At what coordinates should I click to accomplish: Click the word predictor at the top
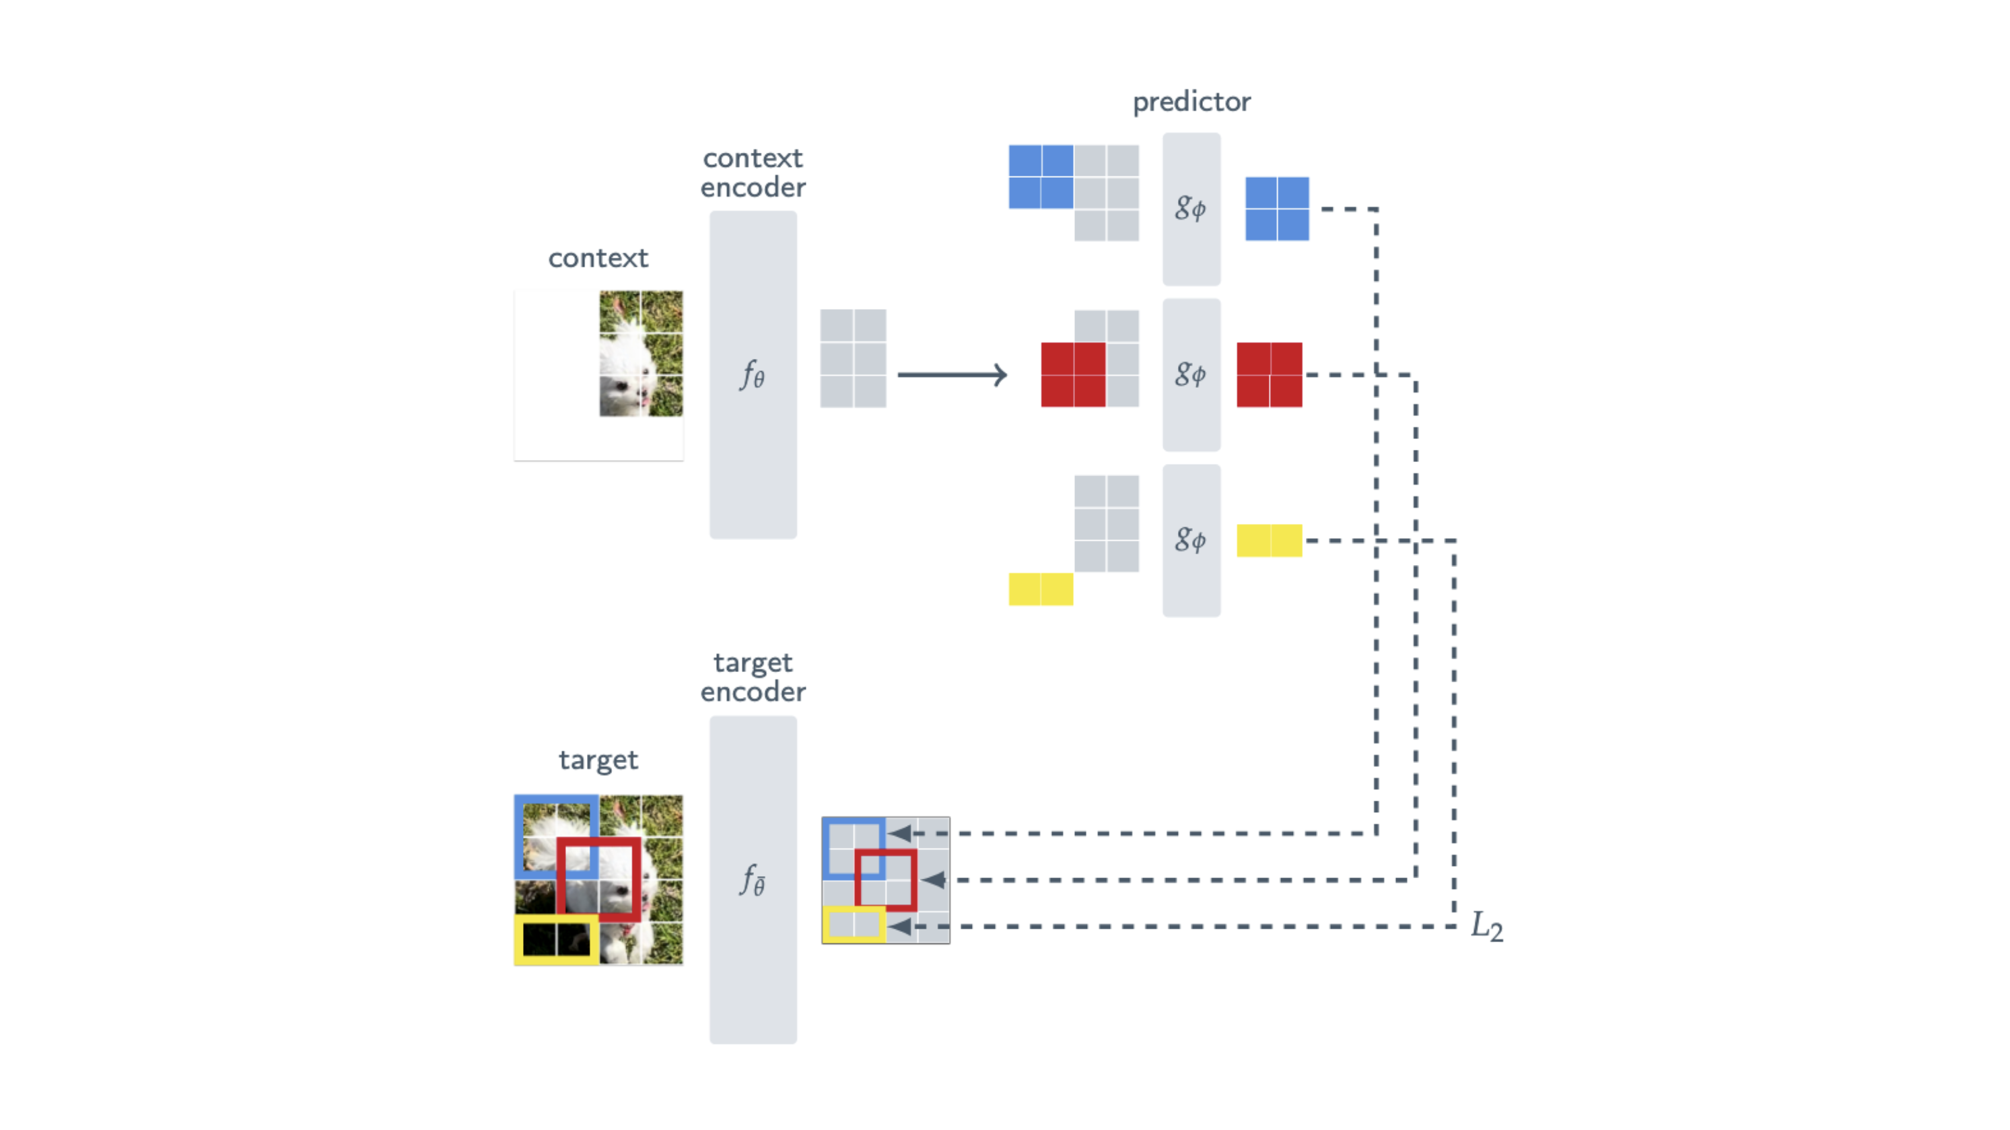point(1191,102)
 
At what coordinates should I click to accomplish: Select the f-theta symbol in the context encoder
point(752,375)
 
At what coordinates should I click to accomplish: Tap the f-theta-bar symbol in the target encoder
point(752,880)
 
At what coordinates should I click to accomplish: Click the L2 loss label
point(1486,927)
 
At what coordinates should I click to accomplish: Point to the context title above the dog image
point(598,259)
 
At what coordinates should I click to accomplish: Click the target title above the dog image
point(598,760)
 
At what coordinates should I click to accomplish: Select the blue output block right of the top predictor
point(1276,208)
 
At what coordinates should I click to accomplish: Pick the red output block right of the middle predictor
point(1269,374)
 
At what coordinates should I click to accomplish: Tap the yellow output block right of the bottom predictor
point(1269,540)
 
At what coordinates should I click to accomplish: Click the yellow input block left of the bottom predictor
point(1040,589)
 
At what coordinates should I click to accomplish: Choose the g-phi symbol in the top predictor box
point(1191,208)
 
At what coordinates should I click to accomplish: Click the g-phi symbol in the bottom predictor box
point(1191,539)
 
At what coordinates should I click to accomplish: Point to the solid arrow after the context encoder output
point(952,374)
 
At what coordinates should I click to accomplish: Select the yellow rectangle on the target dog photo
point(556,939)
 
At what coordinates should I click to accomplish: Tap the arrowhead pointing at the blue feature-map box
point(900,834)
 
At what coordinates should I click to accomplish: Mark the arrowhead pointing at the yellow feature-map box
point(900,927)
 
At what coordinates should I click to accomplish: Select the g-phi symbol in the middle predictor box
point(1191,374)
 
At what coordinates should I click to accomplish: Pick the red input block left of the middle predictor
point(1073,374)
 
